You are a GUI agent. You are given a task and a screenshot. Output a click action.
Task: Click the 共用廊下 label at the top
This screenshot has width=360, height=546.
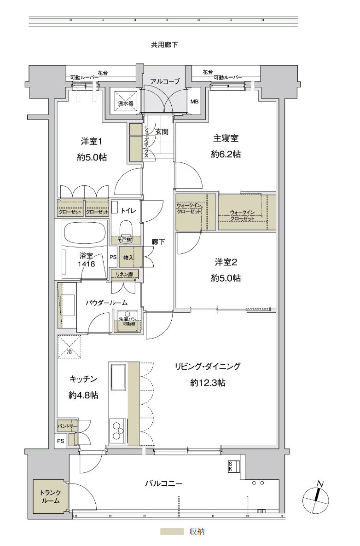164,45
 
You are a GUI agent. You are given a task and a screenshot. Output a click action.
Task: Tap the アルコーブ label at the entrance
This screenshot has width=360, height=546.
165,81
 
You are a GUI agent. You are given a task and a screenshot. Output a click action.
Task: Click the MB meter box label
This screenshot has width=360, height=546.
194,101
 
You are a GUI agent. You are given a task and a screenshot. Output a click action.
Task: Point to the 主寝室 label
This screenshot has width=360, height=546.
226,138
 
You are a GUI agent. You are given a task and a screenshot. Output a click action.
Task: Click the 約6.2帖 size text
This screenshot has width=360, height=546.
226,154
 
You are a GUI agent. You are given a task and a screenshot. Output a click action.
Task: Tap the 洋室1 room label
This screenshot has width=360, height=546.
91,141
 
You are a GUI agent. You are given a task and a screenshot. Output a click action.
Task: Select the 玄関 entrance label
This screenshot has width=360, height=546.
162,132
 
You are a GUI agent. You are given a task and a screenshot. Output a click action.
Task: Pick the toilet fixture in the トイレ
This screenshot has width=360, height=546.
126,229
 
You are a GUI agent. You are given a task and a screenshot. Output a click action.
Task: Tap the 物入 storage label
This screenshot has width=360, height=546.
128,257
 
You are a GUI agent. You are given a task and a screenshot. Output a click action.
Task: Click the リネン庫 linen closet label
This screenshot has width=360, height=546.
124,275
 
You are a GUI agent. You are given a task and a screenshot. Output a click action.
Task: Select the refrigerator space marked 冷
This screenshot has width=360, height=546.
70,346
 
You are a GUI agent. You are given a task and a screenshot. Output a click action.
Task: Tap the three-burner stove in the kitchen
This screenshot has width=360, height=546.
118,431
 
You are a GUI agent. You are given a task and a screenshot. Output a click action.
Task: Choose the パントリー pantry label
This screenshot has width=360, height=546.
67,426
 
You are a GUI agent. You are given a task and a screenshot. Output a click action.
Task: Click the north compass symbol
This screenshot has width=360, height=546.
315,499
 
